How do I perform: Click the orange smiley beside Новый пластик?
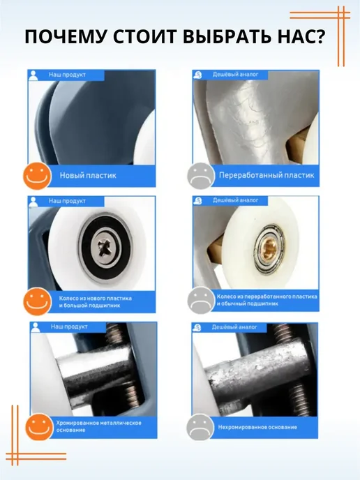37,176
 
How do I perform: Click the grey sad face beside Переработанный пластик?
201,176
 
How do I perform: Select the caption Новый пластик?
88,175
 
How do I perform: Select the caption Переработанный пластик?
267,175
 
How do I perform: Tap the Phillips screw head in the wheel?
105,247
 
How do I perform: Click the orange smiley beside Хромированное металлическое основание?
39,426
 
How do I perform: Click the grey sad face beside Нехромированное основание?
200,427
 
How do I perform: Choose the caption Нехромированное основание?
257,427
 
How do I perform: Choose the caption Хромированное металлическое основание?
98,426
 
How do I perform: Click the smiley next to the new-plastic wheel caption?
38,301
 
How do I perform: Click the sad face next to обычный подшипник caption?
201,300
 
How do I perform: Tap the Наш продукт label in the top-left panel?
67,75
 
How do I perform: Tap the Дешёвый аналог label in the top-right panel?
235,75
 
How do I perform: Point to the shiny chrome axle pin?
95,370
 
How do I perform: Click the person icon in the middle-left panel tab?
33,202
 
